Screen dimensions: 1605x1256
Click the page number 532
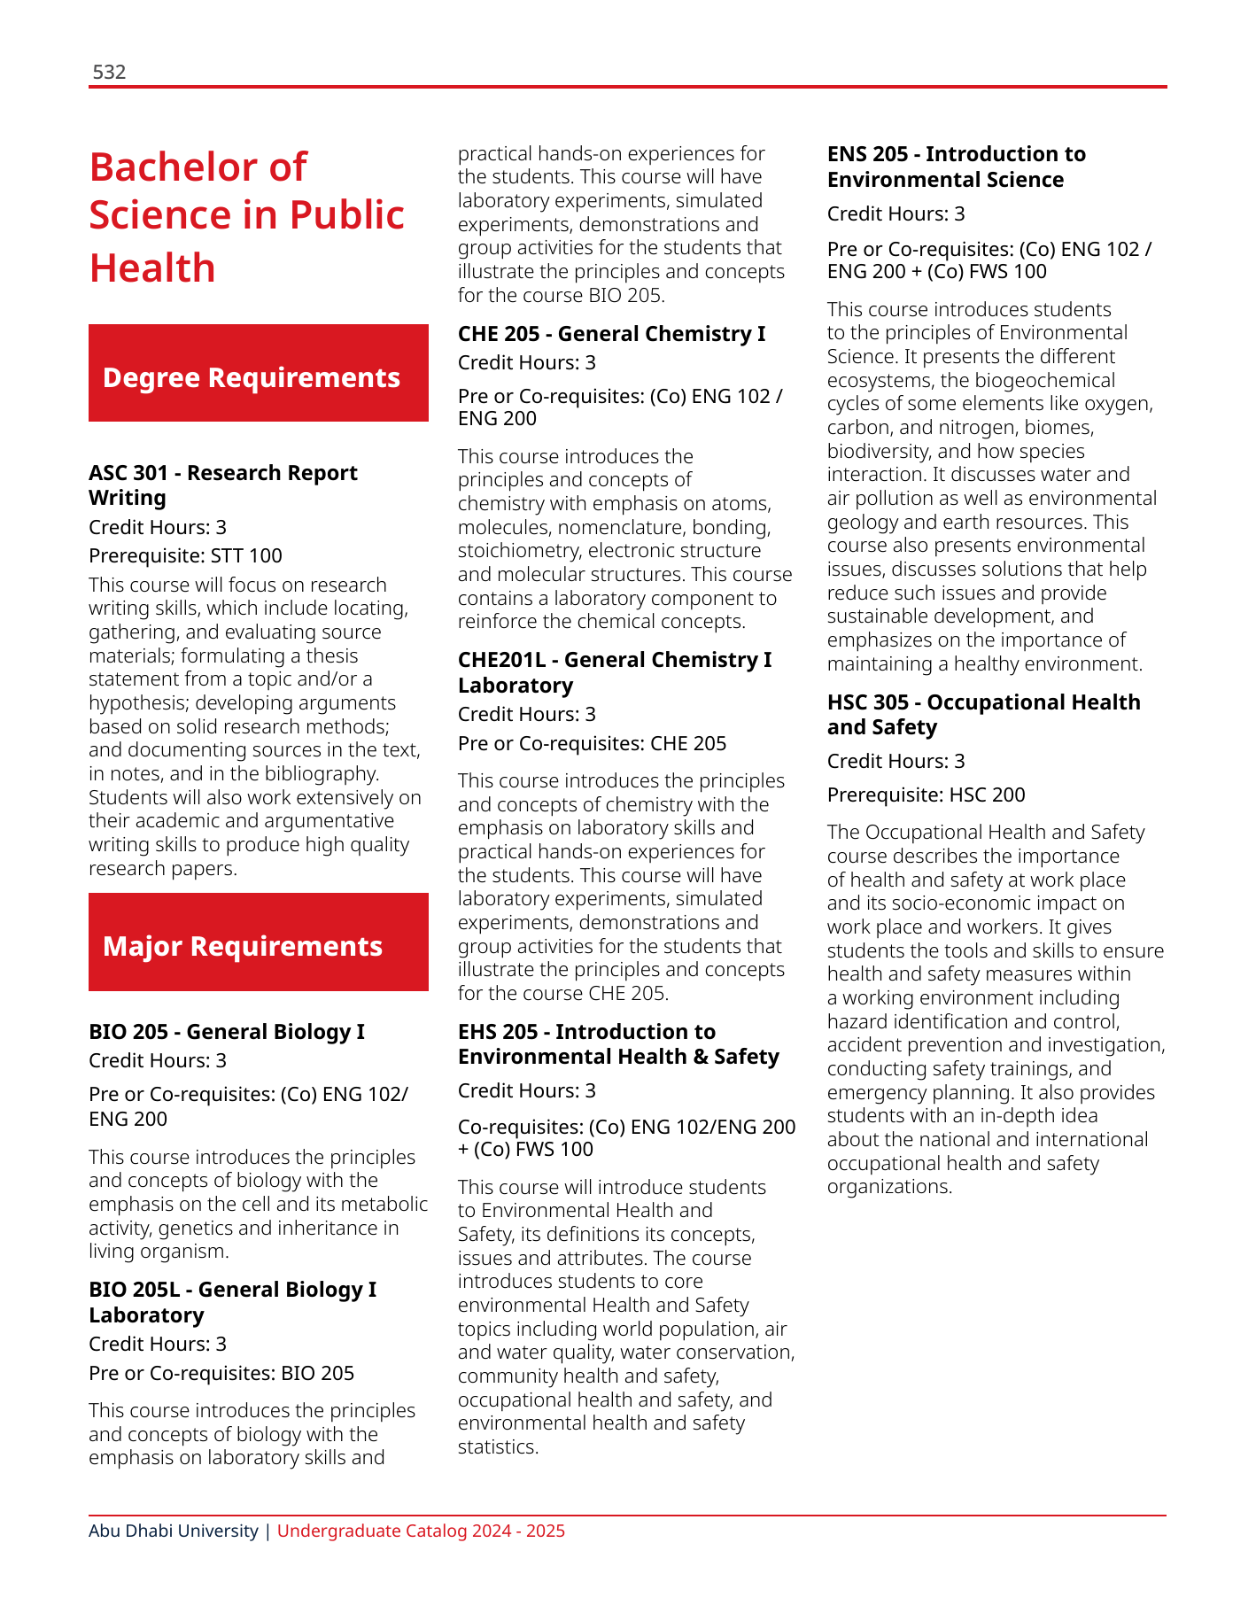pos(109,72)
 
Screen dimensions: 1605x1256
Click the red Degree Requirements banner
pos(258,373)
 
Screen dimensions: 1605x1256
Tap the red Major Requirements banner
pos(258,942)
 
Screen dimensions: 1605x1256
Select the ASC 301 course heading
pos(222,485)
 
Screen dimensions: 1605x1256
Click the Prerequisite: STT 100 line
pos(185,555)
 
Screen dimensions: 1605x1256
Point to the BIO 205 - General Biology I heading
pos(226,1031)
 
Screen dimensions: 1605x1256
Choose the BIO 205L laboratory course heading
pos(232,1301)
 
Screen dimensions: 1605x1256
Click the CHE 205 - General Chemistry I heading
pos(611,333)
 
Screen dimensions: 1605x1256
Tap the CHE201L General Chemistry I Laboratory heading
pos(614,671)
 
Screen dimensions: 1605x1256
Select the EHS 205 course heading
pos(617,1043)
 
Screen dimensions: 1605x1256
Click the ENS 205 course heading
pos(956,166)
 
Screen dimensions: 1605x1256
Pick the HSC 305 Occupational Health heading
pos(983,714)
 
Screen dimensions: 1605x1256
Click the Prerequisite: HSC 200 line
pos(926,795)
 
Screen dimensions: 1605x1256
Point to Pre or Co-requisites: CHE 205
pos(592,743)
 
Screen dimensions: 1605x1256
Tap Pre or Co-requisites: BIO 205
pos(221,1373)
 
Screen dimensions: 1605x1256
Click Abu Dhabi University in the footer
pos(174,1531)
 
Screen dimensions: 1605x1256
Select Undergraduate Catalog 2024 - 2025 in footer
pos(421,1531)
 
